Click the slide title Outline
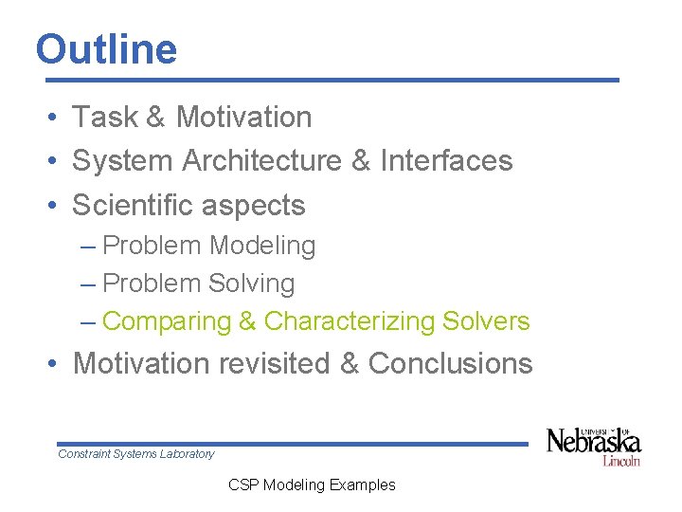coord(106,49)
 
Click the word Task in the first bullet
coord(105,117)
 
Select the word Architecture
coord(261,160)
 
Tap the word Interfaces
coord(446,160)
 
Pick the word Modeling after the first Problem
coord(262,246)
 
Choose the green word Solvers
coord(486,321)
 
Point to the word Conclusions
coord(450,363)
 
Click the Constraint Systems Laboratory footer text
coord(136,454)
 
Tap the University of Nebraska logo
coord(593,442)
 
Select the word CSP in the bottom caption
coord(243,485)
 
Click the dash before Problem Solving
coord(89,283)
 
